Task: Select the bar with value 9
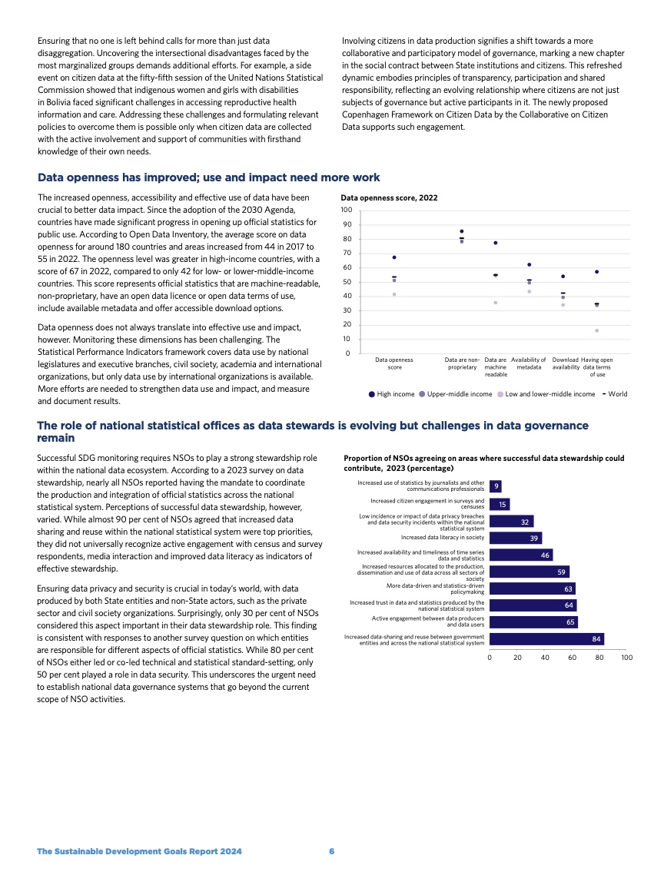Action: pyautogui.click(x=496, y=486)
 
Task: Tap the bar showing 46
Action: pyautogui.click(x=521, y=555)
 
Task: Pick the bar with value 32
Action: pyautogui.click(x=511, y=521)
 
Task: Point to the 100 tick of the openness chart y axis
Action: pyautogui.click(x=347, y=210)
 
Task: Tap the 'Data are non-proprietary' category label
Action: pyautogui.click(x=463, y=363)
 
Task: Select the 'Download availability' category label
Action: pyautogui.click(x=566, y=363)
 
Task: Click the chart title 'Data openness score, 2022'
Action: pyautogui.click(x=389, y=197)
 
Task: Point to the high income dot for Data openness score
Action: pyautogui.click(x=394, y=257)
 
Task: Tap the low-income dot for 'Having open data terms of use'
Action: pyautogui.click(x=596, y=330)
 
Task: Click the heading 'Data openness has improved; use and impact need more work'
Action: pyautogui.click(x=208, y=177)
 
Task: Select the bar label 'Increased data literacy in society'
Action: pyautogui.click(x=443, y=538)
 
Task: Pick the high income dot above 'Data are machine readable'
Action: pyautogui.click(x=496, y=243)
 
